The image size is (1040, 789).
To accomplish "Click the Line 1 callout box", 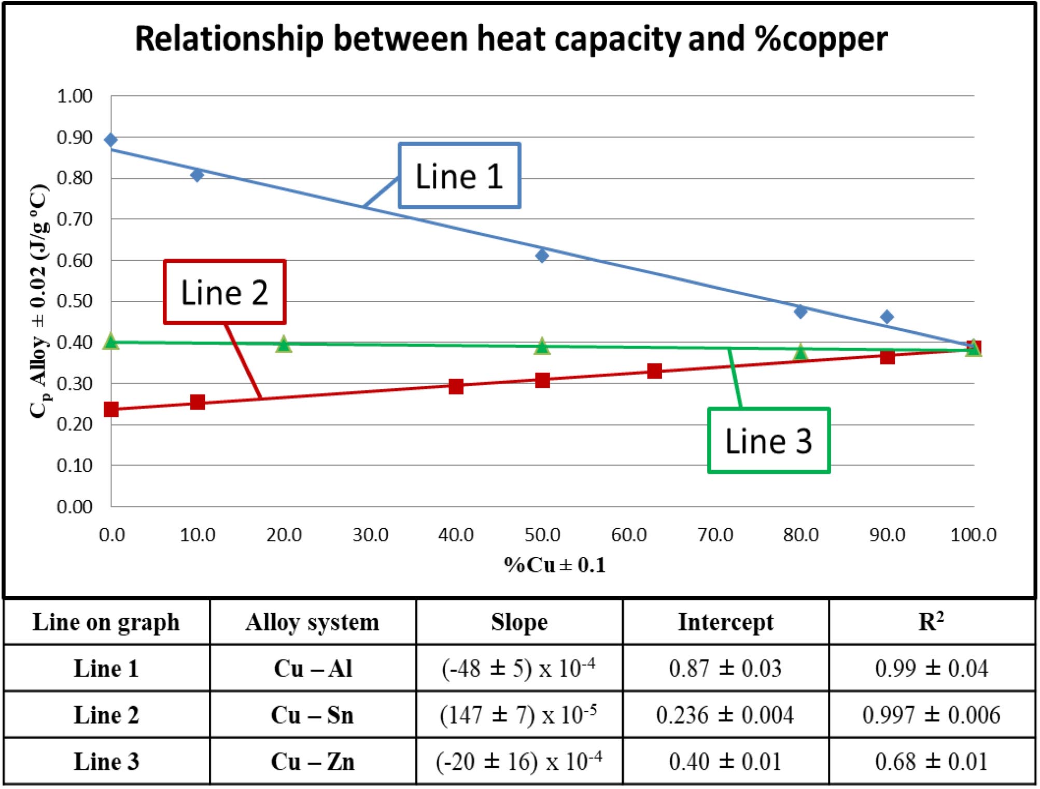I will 459,176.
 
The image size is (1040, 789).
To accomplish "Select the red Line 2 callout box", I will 224,292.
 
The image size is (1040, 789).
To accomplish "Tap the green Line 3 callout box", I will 768,441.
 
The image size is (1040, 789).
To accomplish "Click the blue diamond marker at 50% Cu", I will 542,255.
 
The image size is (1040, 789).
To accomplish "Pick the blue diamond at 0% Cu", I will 110,140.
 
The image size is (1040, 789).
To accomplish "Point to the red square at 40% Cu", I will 456,386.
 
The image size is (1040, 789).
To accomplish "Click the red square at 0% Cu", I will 111,410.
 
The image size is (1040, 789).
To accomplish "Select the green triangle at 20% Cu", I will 284,344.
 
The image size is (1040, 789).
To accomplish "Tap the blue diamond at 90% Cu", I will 887,316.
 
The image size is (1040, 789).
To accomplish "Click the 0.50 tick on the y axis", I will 74,301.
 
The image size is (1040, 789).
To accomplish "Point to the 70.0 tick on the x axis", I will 715,534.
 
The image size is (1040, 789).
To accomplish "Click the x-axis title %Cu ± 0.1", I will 555,565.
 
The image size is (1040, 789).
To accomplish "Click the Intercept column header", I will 725,622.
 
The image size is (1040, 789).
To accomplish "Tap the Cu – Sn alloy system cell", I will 313,715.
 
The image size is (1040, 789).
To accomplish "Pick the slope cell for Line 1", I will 518,668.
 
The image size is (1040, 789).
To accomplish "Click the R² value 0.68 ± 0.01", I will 931,762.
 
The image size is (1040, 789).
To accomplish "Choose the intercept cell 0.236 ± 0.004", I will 725,715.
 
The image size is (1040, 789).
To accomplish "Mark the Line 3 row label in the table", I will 106,762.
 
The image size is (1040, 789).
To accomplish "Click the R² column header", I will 931,622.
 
